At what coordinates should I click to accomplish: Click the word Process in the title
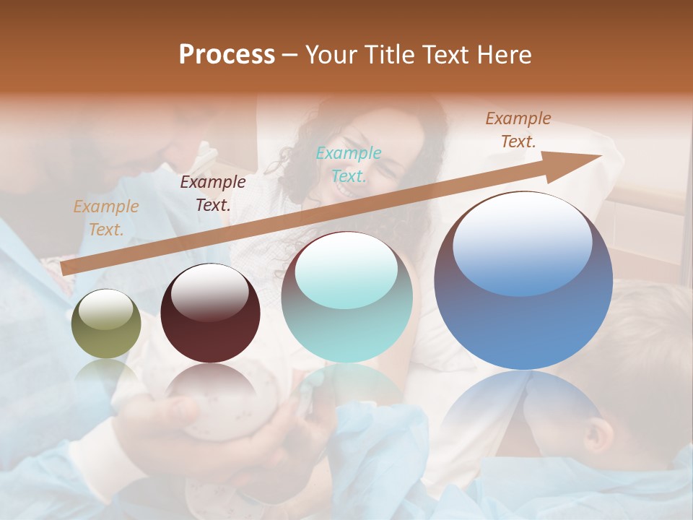(x=227, y=55)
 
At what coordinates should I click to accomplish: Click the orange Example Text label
(x=105, y=217)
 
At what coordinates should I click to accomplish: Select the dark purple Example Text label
(x=212, y=193)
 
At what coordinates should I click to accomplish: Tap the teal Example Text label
(x=348, y=164)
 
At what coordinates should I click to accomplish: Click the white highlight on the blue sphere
(x=522, y=242)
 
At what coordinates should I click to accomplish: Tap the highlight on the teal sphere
(x=346, y=269)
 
